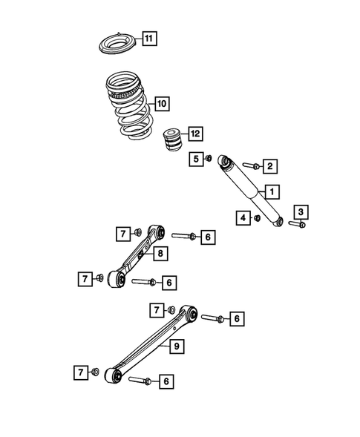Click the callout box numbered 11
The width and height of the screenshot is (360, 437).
tap(149, 38)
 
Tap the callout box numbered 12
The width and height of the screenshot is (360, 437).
tap(194, 134)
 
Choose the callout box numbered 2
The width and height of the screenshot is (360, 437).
tap(270, 165)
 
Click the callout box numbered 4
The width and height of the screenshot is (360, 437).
tap(243, 217)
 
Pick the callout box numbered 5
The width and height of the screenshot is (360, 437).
tap(196, 158)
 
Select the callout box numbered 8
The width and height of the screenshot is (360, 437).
tap(159, 254)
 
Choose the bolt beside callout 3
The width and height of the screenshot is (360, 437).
tap(296, 223)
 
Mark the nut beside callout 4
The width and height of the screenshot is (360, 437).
tap(256, 218)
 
